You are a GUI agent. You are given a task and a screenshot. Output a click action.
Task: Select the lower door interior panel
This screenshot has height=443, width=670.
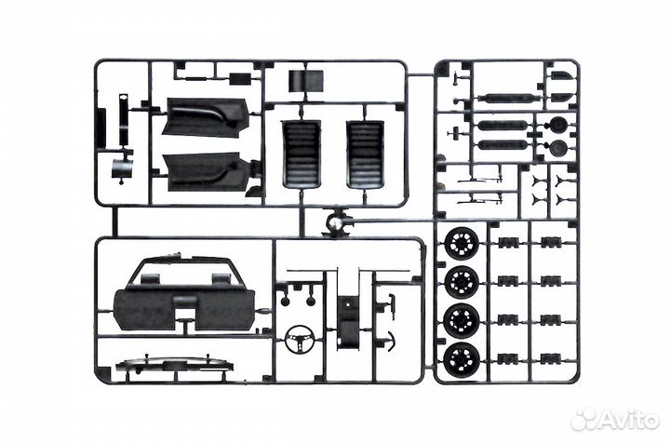point(206,170)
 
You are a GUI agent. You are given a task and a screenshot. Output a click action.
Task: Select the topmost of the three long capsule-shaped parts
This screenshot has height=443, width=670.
point(503,98)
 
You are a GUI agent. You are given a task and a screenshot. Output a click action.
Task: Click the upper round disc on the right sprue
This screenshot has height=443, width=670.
point(557,124)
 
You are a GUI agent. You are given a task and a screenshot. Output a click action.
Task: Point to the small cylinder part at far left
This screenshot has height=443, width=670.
point(121,169)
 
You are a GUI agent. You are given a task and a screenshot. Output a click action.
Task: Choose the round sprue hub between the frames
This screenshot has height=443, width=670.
point(335,223)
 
